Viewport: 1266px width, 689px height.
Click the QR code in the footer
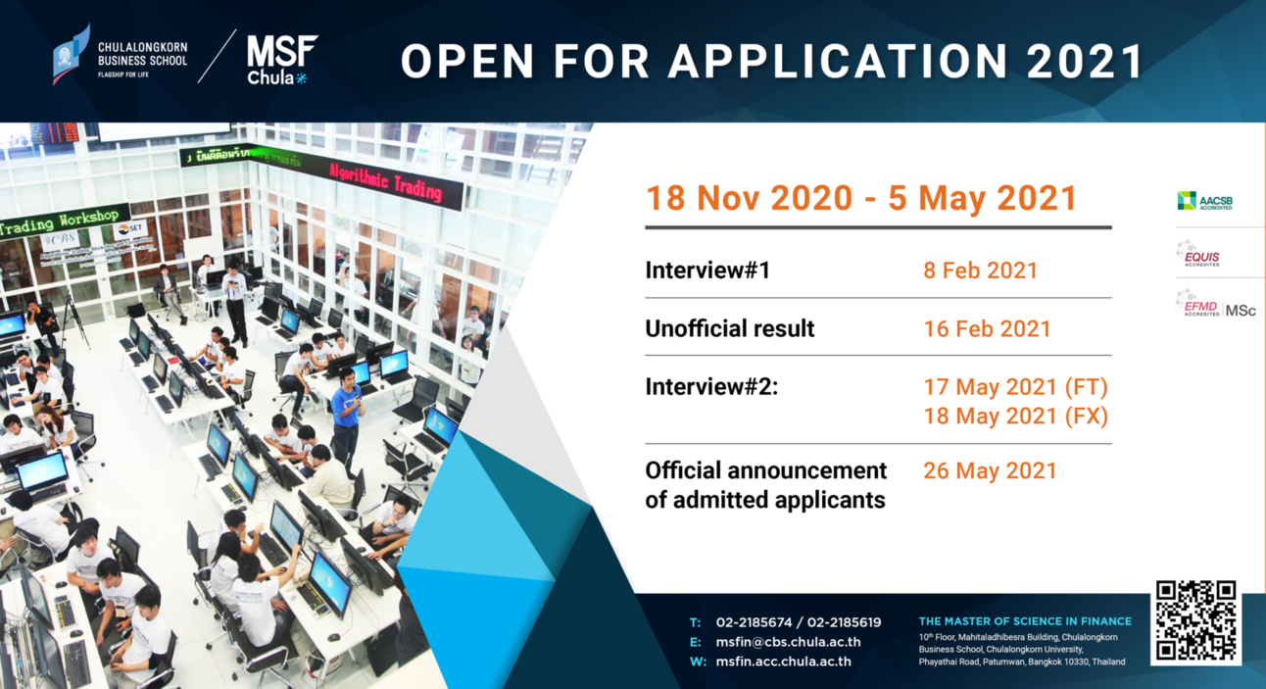click(x=1195, y=621)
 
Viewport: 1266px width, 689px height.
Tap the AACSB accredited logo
click(x=1205, y=202)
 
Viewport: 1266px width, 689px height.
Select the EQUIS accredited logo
click(x=1199, y=256)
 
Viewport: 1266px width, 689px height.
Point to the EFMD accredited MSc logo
click(x=1215, y=307)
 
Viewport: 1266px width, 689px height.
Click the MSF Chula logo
click(x=280, y=59)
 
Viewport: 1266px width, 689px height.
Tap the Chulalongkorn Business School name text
click(x=142, y=54)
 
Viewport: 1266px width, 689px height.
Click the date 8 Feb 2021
click(x=980, y=271)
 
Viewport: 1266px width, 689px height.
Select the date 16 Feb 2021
click(x=986, y=329)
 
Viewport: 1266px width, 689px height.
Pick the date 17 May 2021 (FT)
click(x=1015, y=387)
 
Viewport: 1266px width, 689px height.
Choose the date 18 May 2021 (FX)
click(x=1015, y=417)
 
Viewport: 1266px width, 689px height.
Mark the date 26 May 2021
click(x=990, y=471)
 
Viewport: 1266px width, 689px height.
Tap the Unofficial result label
click(x=729, y=329)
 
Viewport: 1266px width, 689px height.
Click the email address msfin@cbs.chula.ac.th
click(x=788, y=642)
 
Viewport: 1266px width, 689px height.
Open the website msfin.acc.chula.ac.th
click(x=783, y=662)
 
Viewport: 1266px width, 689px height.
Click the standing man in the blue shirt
click(x=346, y=412)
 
